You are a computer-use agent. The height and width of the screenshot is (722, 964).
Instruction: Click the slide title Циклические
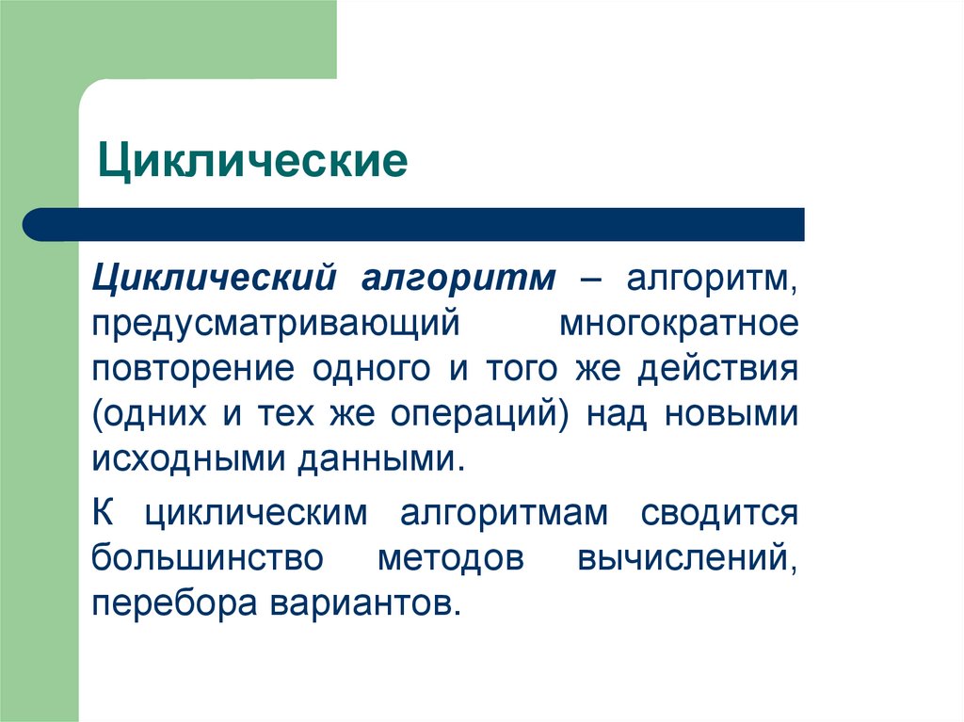(x=254, y=161)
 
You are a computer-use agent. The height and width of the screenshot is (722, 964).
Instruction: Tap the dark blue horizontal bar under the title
(x=414, y=224)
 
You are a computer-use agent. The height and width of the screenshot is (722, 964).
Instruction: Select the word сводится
(x=720, y=515)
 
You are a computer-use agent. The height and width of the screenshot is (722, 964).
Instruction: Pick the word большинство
(x=208, y=559)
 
